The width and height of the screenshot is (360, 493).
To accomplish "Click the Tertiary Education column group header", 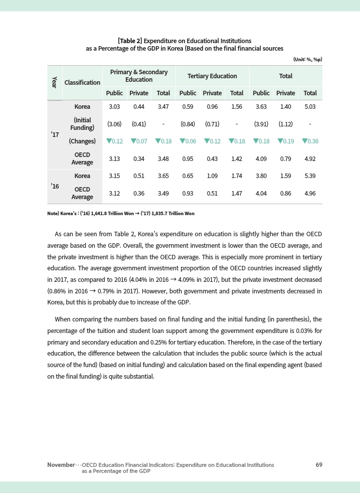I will point(212,76).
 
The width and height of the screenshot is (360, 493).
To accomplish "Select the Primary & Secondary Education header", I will point(139,76).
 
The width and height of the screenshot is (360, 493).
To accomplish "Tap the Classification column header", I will point(82,82).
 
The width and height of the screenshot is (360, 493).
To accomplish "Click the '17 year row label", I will point(55,135).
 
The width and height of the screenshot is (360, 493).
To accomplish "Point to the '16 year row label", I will point(55,186).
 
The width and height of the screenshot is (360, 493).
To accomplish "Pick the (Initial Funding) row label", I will point(82,124).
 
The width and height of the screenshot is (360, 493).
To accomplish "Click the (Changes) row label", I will point(82,141).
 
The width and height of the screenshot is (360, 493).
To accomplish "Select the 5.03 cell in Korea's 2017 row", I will point(310,107).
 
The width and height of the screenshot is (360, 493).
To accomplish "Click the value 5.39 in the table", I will point(310,177).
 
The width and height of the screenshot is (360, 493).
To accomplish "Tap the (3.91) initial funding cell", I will point(261,124).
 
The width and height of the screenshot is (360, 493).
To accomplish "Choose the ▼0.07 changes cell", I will point(139,141).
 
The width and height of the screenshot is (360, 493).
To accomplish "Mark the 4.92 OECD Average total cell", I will point(310,159).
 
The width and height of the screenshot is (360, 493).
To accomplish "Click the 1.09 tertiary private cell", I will point(212,177).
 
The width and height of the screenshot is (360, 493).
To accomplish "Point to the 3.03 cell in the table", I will point(114,107).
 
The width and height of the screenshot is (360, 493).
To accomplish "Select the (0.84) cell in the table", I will point(188,124).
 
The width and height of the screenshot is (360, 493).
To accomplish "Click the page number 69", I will point(319,465).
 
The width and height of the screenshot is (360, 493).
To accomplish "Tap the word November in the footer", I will point(61,465).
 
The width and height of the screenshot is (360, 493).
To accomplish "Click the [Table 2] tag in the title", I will point(130,40).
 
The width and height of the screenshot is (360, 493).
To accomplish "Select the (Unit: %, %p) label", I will point(307,59).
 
